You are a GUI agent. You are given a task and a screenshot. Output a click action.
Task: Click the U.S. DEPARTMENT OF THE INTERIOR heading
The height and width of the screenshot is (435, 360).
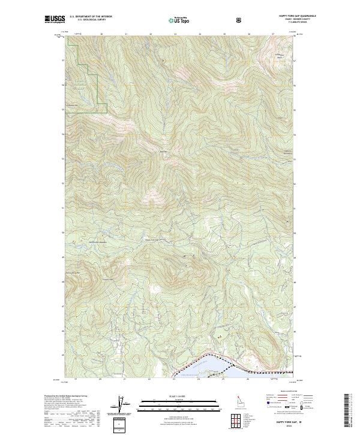[91, 17]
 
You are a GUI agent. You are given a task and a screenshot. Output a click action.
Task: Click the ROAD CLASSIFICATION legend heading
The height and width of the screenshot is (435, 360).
[287, 391]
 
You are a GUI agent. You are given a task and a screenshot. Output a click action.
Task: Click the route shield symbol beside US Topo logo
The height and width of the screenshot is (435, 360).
[240, 20]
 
